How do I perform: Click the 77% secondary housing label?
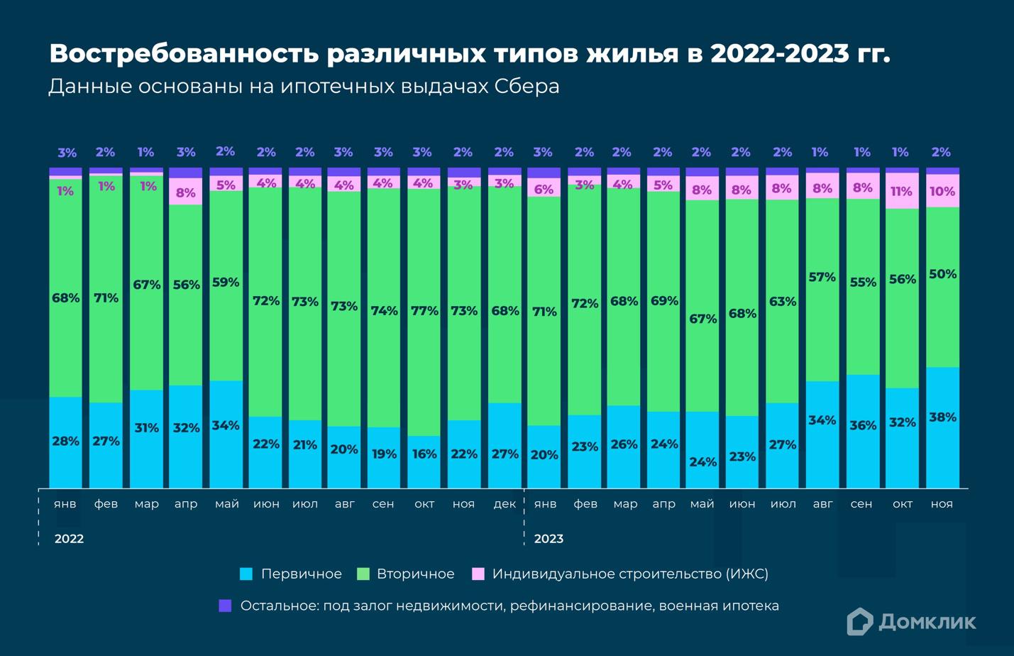pos(424,311)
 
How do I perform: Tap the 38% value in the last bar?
pos(942,417)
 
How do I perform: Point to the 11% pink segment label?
pos(902,192)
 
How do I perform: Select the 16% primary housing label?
pos(424,454)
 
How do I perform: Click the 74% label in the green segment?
pos(384,311)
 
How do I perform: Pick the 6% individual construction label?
pos(544,190)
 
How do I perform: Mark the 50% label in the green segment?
pos(942,274)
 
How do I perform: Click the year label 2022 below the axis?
pos(69,539)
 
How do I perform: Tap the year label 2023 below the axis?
pos(549,539)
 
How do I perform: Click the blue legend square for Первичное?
pos(246,574)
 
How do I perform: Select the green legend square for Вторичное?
pos(363,574)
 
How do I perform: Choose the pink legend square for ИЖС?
pos(478,574)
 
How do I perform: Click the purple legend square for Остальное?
pos(225,606)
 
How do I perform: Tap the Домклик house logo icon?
pos(859,621)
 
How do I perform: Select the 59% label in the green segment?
pos(226,283)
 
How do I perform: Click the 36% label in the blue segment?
pos(863,425)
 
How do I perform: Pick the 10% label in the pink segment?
pos(942,192)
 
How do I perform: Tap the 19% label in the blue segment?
pos(384,454)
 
